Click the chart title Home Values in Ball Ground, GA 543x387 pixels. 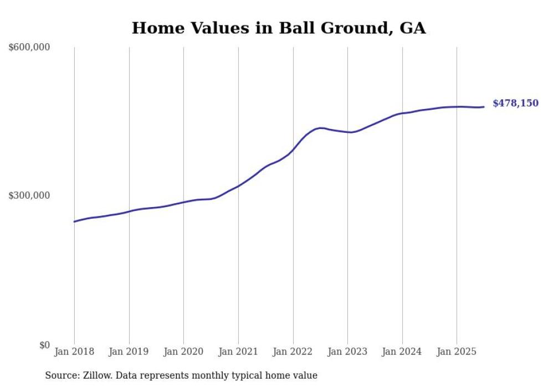278,28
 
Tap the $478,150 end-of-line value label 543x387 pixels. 515,103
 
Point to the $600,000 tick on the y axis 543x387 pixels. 29,48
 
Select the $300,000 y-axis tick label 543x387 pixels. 29,195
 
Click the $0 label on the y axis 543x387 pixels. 44,345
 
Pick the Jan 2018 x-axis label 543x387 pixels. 74,352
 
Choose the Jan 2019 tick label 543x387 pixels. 129,352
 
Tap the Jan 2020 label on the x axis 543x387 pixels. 183,352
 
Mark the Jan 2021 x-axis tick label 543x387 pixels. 238,352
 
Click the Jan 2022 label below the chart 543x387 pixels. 293,352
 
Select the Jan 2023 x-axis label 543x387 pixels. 347,352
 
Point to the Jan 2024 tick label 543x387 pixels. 402,352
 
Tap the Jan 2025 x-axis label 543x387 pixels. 457,352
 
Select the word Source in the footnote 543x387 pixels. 60,375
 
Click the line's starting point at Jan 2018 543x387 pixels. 74,221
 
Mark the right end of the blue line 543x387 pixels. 484,107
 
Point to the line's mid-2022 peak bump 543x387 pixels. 320,128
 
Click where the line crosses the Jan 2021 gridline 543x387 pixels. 238,185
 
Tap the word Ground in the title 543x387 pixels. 349,28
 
